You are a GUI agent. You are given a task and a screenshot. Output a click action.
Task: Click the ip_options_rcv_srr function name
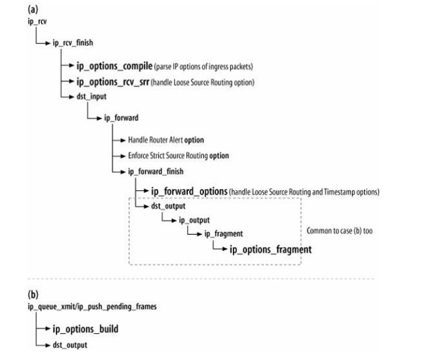click(x=118, y=81)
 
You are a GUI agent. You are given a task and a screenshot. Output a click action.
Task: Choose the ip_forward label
click(x=121, y=118)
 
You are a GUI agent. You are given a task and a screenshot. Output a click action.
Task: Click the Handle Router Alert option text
click(x=166, y=140)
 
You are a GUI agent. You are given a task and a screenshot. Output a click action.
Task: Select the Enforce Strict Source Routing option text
click(x=178, y=155)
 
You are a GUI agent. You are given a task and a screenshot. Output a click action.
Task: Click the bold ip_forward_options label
click(x=190, y=192)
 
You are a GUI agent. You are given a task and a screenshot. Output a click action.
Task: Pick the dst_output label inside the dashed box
click(x=167, y=206)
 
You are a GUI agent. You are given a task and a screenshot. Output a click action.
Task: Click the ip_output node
click(x=194, y=220)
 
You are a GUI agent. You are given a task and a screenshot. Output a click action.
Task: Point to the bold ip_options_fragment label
click(x=271, y=249)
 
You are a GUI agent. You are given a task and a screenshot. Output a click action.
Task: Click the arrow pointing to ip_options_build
click(x=44, y=330)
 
